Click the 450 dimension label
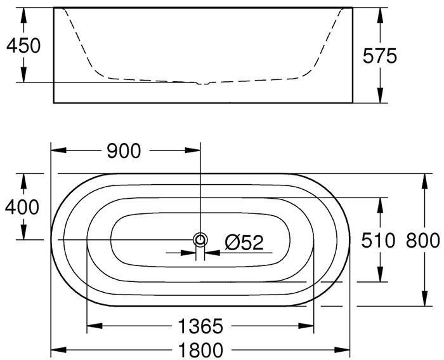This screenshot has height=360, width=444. coord(23,46)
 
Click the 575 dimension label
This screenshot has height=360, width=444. coord(380,56)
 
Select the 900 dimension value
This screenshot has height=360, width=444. coord(124,151)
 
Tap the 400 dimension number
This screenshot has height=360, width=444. coord(22,207)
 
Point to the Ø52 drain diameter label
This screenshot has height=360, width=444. coord(244,243)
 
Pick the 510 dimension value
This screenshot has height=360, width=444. coord(378,241)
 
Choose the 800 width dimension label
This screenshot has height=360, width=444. coord(423,241)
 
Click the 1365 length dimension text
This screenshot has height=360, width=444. coord(200,326)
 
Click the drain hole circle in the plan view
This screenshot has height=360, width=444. coord(200,240)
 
